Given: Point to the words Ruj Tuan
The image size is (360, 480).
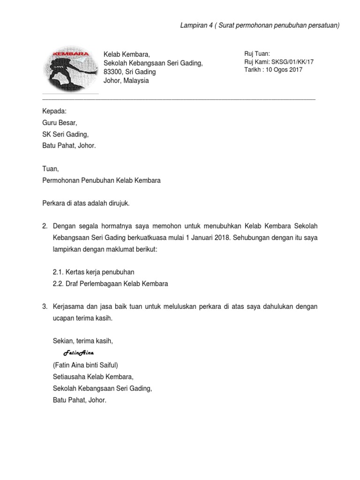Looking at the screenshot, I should coord(257,54).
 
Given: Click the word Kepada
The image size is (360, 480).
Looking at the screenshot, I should coord(54,111).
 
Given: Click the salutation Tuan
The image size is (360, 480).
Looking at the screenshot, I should coord(51,169).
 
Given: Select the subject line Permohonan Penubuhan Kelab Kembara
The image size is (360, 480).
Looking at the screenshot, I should coord(101,180).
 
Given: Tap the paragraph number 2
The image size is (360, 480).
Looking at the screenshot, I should coord(45,226).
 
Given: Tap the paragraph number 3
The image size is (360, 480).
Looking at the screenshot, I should coord(45,307).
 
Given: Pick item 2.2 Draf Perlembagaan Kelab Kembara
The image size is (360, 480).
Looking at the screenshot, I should coord(111,284).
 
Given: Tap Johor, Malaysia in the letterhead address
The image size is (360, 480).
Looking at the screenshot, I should coord(126,81).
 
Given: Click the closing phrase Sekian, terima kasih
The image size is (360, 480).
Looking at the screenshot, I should coord(83,341).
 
